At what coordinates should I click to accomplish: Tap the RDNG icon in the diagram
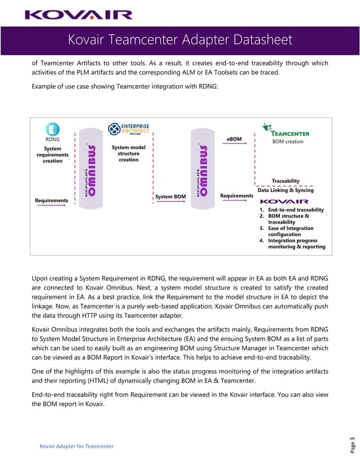(52, 129)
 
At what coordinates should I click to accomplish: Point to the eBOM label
(234, 138)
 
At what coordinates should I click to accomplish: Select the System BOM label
(170, 196)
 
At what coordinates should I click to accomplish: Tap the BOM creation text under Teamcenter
(288, 142)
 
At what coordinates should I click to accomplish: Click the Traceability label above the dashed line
(286, 181)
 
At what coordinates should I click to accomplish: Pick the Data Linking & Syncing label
(286, 190)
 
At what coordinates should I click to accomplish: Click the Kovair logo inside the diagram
(284, 201)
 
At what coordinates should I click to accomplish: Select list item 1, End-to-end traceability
(291, 210)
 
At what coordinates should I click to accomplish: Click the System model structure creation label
(129, 153)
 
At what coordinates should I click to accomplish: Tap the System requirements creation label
(52, 155)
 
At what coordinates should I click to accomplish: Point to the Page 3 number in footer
(352, 444)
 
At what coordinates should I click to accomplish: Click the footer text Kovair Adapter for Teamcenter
(76, 446)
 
